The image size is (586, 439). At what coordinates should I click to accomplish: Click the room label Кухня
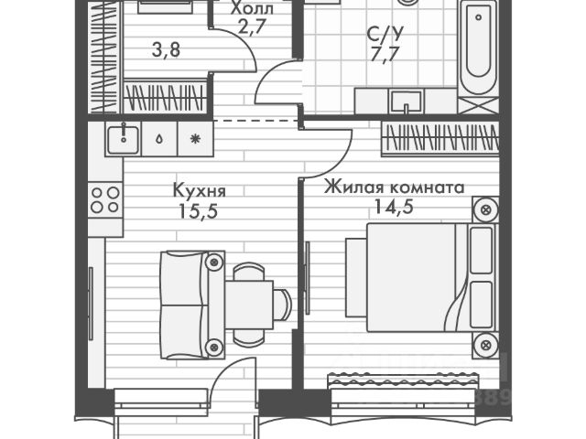199,192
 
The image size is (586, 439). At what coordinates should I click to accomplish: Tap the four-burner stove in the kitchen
104,199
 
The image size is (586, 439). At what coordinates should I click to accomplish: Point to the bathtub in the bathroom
478,50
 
